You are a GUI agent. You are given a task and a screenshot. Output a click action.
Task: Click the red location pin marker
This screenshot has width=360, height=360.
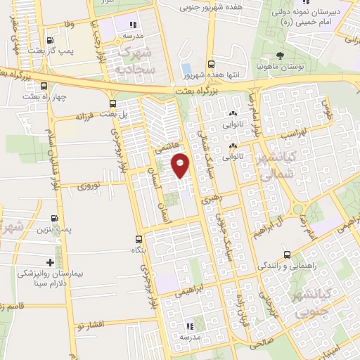(180, 165)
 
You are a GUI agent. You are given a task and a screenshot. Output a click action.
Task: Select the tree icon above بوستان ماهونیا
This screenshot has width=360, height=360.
(281, 55)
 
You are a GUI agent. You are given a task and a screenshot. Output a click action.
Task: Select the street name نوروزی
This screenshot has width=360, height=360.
(90, 186)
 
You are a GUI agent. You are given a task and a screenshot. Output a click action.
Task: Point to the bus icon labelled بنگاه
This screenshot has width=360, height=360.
(139, 240)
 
